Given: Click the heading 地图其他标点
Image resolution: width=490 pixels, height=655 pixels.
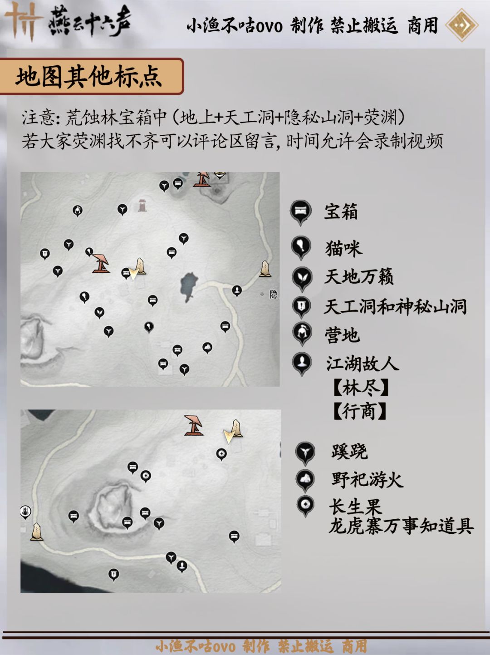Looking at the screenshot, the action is click(x=88, y=77).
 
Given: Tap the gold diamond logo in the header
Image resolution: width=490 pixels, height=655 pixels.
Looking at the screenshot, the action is click(x=462, y=25).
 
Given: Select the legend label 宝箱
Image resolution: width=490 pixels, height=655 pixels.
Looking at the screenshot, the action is click(x=341, y=212).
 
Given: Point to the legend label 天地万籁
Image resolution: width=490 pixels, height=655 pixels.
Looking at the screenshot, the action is click(x=359, y=276).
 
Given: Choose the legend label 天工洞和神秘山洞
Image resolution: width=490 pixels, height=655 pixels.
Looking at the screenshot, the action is click(x=396, y=306).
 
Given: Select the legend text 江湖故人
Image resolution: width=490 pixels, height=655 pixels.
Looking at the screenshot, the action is click(x=363, y=364).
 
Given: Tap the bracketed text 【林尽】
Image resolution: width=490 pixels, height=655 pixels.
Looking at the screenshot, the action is click(x=361, y=388).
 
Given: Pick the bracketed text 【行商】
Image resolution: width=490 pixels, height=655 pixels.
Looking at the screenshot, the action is click(x=359, y=411).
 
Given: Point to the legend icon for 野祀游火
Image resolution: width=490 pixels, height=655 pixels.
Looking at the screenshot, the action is click(x=305, y=480).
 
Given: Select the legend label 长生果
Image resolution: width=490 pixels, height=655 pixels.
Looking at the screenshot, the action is click(x=355, y=507).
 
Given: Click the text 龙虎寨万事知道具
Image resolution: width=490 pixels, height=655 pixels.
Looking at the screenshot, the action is click(x=401, y=526).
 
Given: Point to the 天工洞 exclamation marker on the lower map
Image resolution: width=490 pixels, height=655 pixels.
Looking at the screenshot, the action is click(x=113, y=575).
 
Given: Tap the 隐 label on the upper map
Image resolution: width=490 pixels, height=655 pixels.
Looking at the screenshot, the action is click(x=274, y=295).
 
